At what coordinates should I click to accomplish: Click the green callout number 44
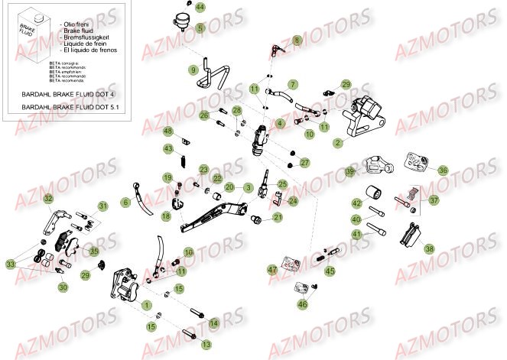(200, 7)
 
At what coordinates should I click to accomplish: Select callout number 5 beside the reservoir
(200, 28)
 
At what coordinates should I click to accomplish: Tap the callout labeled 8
(297, 40)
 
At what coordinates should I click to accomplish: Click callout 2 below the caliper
(337, 142)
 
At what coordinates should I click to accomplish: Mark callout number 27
(304, 163)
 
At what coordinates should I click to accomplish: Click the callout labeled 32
(47, 199)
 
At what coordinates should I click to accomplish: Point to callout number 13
(206, 345)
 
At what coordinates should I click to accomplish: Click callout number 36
(443, 171)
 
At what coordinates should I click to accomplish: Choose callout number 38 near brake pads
(428, 248)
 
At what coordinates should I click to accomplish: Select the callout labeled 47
(271, 269)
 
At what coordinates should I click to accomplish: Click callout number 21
(278, 217)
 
